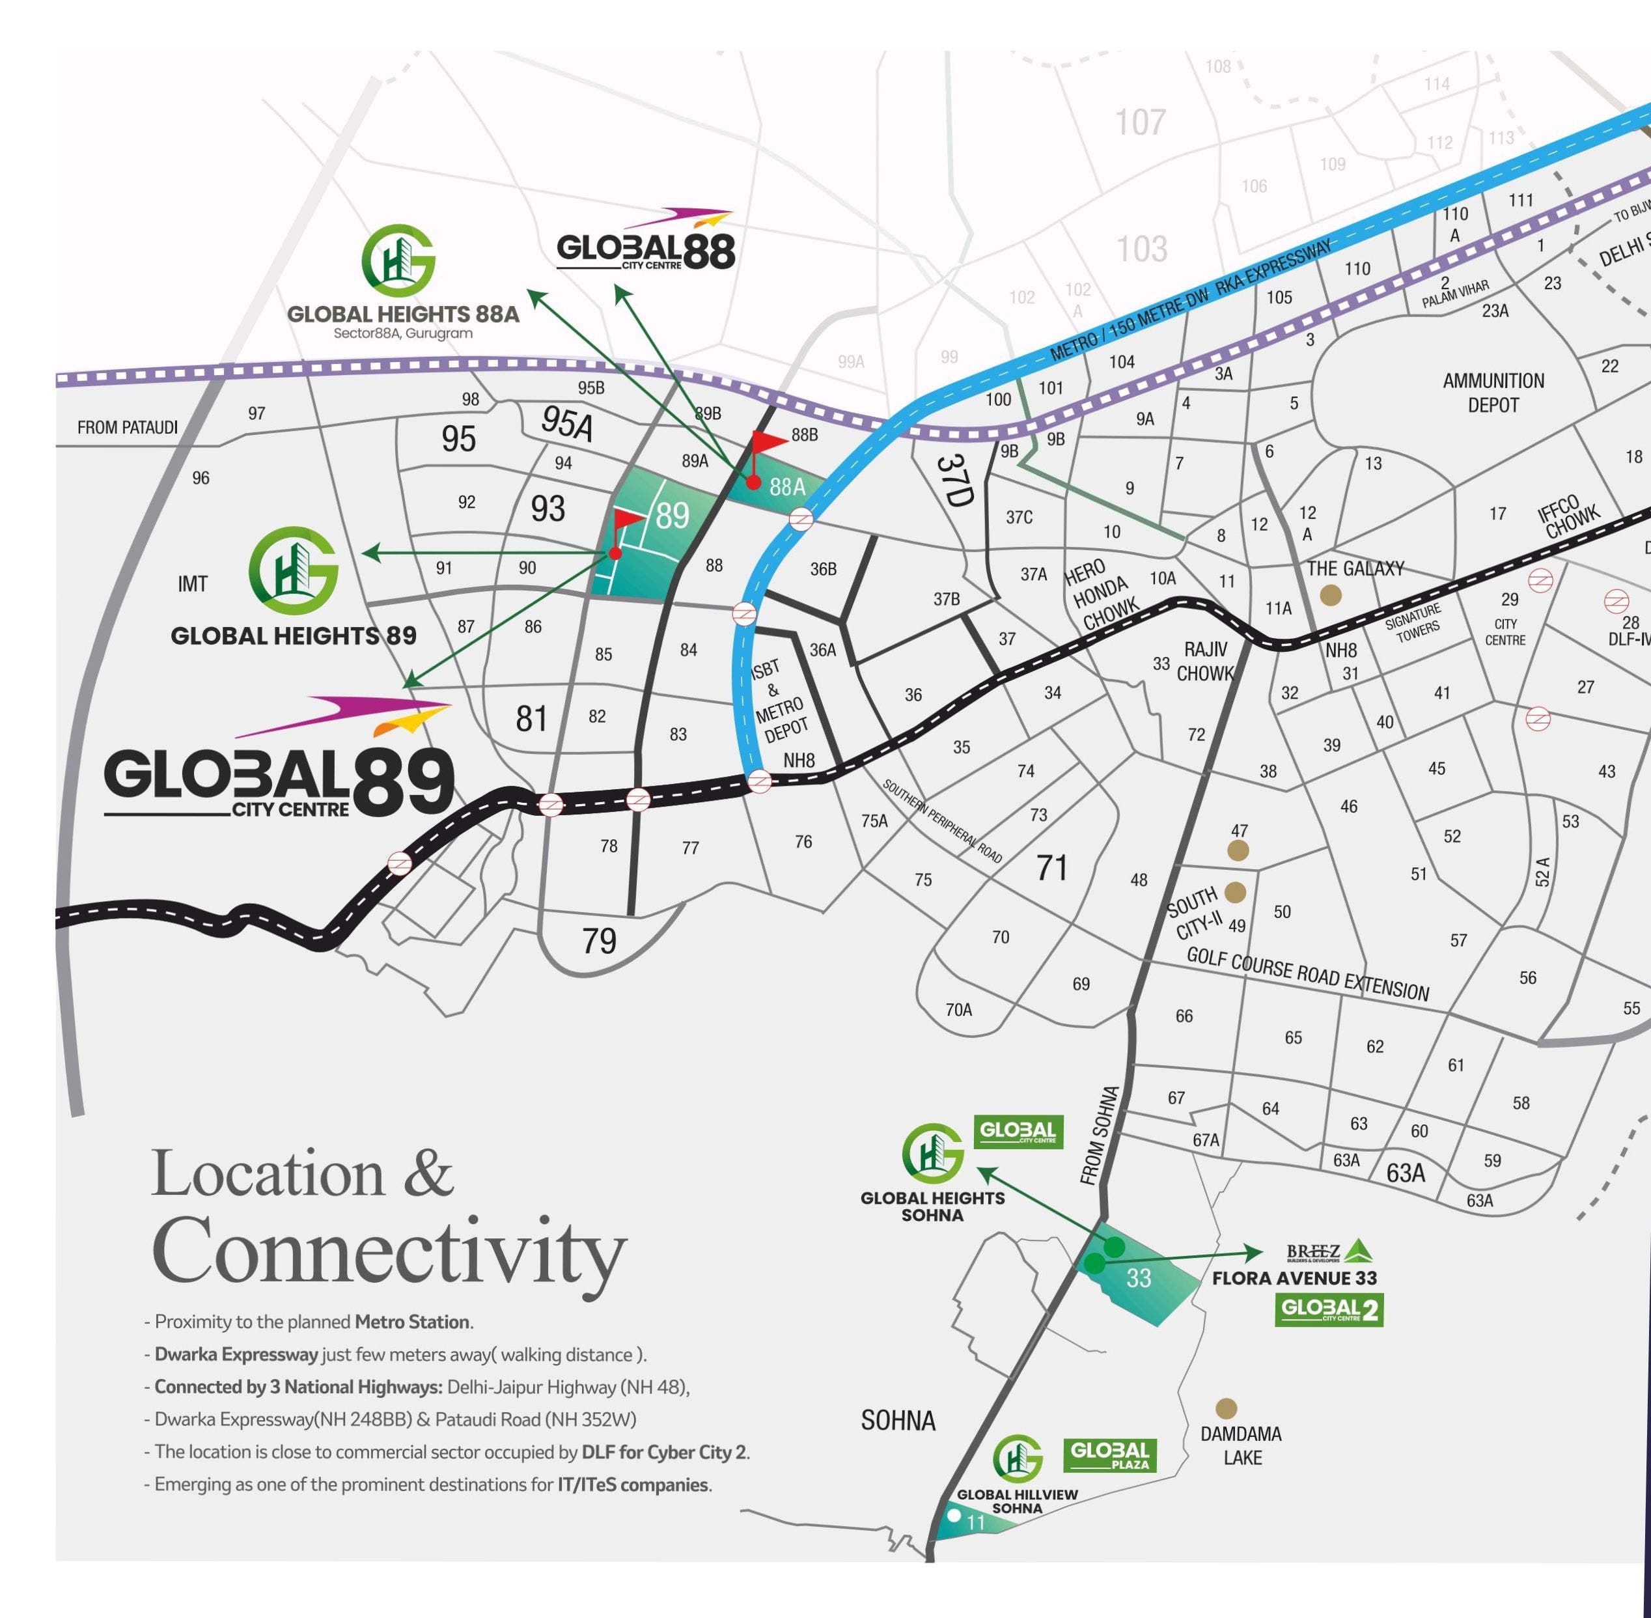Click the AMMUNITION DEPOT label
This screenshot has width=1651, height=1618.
coord(1493,393)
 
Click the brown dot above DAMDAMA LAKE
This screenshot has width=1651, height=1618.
coord(1225,1409)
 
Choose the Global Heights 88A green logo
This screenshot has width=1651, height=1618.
coord(398,259)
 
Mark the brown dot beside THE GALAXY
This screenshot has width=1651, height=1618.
coord(1331,596)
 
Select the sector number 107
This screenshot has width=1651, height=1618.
coord(1141,122)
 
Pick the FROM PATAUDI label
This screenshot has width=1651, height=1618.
coord(128,426)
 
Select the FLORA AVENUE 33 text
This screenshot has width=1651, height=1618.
coord(1294,1278)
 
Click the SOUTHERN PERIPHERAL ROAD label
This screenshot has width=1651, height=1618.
coord(942,821)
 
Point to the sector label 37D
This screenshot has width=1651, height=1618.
coord(953,479)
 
